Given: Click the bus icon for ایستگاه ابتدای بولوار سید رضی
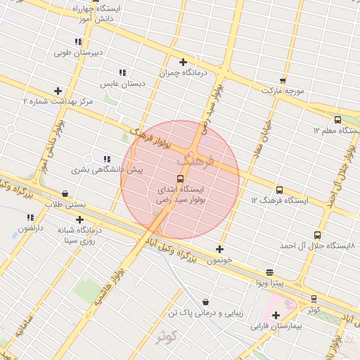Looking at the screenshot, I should point(180,179).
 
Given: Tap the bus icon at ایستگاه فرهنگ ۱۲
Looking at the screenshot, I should point(280,190).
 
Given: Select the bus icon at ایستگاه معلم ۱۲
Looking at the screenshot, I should point(337,120).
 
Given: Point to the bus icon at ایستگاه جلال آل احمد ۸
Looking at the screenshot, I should point(317,236).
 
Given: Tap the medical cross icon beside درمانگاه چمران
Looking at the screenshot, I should point(183,62).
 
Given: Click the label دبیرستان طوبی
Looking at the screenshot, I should point(79,53).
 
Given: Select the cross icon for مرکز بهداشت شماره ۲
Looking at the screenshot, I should point(58,91).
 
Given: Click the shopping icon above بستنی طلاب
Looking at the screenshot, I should point(65,193).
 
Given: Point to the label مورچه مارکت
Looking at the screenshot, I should point(283,91).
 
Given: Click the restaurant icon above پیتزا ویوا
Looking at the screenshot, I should point(269,273).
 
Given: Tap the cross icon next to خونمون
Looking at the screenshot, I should point(220,249).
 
